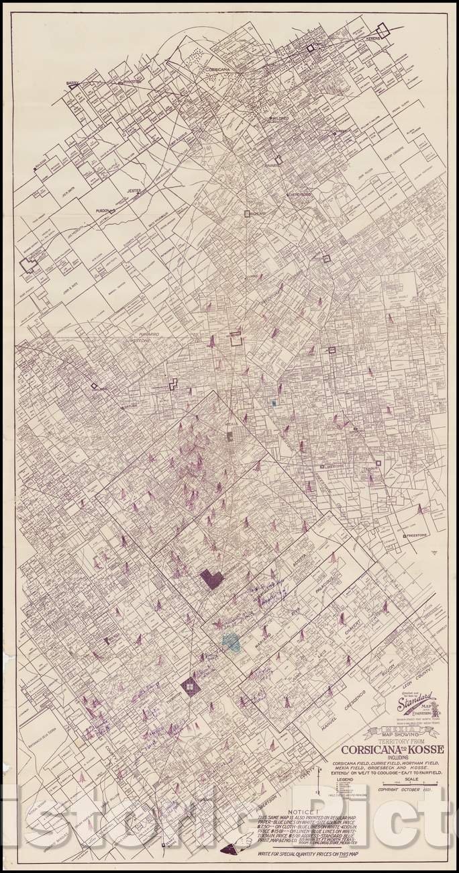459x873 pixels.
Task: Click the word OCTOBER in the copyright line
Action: (x=415, y=790)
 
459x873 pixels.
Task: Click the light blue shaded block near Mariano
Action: (x=232, y=641)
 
